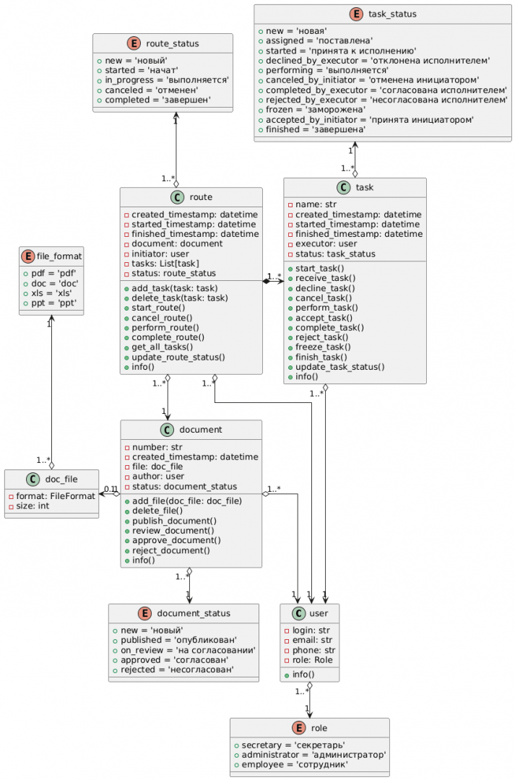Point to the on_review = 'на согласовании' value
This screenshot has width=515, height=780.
pyautogui.click(x=178, y=650)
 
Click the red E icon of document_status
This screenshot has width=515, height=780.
pyautogui.click(x=145, y=613)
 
